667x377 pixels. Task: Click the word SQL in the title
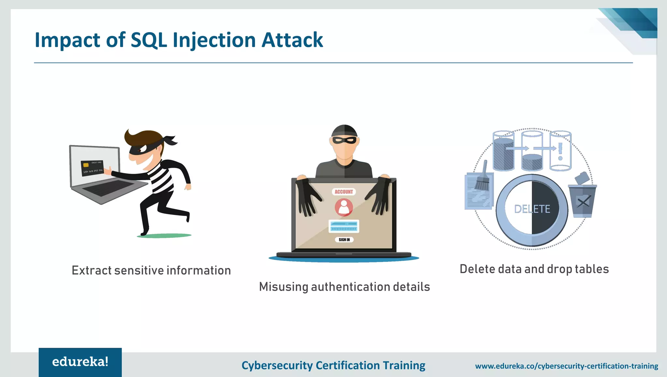[x=149, y=40]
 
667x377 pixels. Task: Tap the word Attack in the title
[x=292, y=40]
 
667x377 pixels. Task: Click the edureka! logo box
[x=80, y=362]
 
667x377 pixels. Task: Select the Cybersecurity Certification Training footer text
[x=333, y=366]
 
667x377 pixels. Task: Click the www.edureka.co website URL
[x=566, y=366]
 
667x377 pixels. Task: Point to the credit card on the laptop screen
[x=92, y=167]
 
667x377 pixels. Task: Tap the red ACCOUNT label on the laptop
[x=344, y=192]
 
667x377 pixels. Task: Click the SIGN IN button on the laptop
[x=344, y=239]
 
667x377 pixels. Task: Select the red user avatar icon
[x=344, y=207]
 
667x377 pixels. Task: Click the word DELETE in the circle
[x=532, y=209]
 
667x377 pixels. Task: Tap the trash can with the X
[x=583, y=201]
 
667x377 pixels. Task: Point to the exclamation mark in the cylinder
[x=560, y=152]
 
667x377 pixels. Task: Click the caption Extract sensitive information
[x=151, y=270]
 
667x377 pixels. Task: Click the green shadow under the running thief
[x=164, y=236]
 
